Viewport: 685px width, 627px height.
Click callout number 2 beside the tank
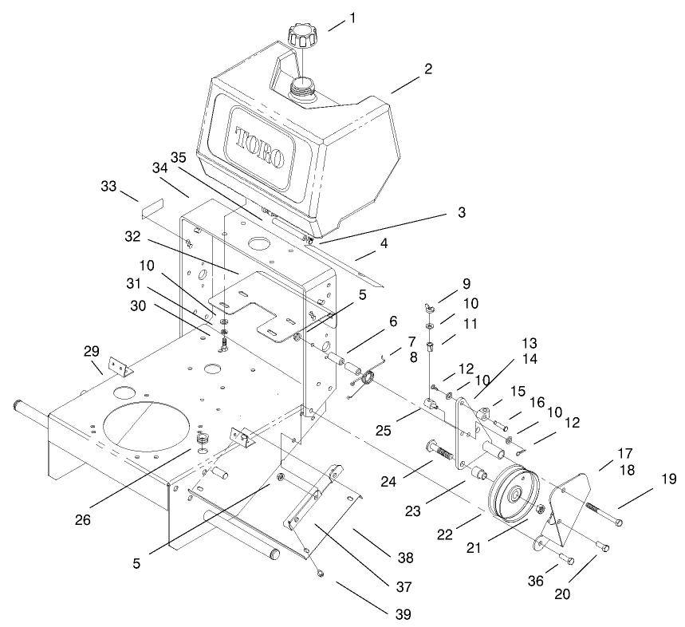427,69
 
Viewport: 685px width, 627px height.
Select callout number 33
108,186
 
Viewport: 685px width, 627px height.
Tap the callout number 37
403,586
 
